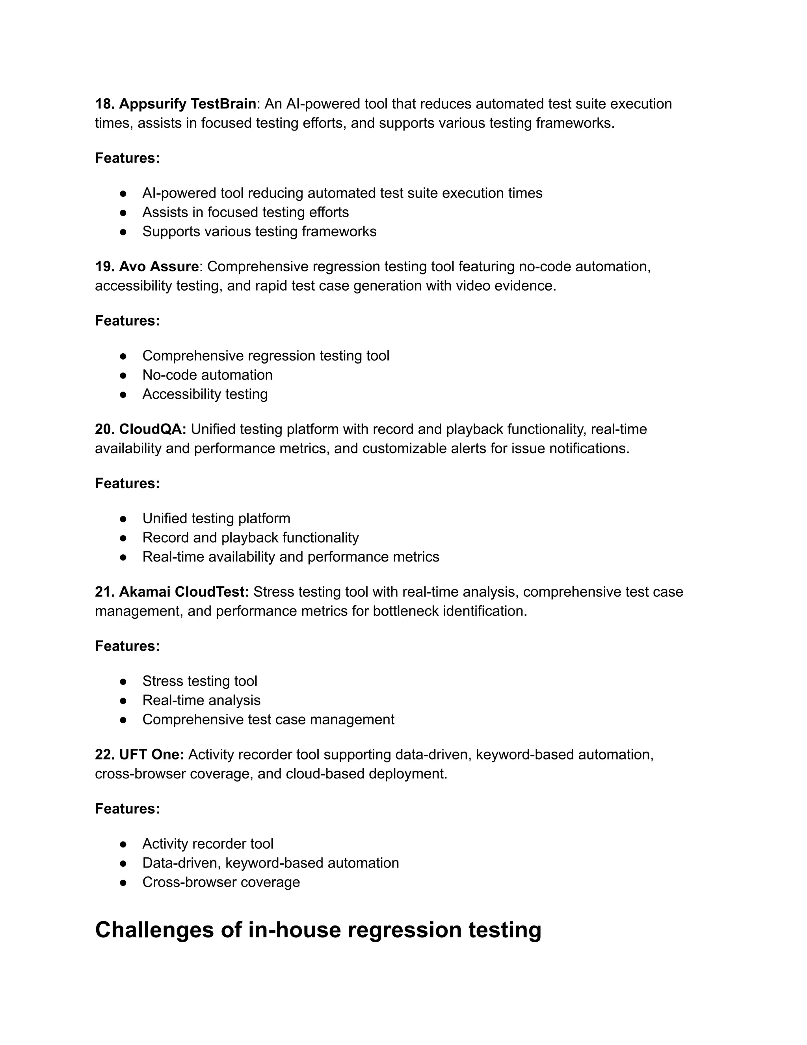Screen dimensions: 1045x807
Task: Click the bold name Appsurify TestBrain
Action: click(188, 104)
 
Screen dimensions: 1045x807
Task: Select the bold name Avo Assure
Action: click(159, 267)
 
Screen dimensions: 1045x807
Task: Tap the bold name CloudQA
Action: click(152, 429)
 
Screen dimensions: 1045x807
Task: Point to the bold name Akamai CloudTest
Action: click(184, 592)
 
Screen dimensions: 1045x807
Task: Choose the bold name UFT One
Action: click(151, 754)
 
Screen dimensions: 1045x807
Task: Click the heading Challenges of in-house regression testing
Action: click(318, 930)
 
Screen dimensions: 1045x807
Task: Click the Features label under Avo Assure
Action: click(127, 321)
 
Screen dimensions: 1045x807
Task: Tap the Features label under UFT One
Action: click(127, 809)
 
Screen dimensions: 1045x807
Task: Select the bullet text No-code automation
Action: click(208, 375)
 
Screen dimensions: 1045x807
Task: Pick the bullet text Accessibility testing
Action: click(205, 394)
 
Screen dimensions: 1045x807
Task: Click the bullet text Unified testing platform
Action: click(216, 518)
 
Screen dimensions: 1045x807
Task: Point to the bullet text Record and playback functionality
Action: click(251, 537)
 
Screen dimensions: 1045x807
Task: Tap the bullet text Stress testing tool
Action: click(200, 681)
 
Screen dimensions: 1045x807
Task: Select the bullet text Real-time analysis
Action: click(201, 700)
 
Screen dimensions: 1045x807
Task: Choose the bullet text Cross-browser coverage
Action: click(221, 882)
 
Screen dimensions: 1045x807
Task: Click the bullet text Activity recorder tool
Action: click(208, 843)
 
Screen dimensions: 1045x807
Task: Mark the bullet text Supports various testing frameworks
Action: click(259, 231)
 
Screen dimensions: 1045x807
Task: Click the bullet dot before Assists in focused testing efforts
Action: click(123, 213)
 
